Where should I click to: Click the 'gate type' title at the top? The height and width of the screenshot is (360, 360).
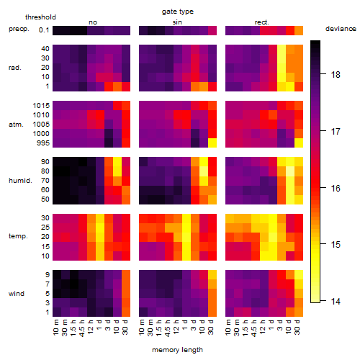tap(178, 12)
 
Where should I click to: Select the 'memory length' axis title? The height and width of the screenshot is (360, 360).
tap(177, 350)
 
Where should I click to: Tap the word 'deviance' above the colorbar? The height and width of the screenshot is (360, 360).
tap(341, 29)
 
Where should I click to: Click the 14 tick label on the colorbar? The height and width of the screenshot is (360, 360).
tap(336, 301)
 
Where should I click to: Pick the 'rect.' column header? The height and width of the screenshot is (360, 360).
tap(261, 22)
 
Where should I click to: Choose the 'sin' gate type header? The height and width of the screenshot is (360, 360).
tap(177, 22)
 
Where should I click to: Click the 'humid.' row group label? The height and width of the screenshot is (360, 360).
tap(20, 181)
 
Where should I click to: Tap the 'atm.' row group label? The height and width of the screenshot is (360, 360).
tap(16, 125)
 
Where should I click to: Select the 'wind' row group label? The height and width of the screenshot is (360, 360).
tap(17, 294)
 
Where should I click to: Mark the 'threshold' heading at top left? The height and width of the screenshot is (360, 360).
tap(40, 17)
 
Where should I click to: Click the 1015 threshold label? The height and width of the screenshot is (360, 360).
tap(41, 105)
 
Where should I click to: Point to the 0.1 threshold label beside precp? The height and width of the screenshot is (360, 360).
tap(44, 30)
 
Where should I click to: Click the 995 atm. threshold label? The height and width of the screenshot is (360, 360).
tap(43, 143)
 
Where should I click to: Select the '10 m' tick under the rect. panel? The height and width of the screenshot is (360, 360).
tap(228, 327)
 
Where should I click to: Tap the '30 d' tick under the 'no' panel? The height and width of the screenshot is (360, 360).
tap(125, 327)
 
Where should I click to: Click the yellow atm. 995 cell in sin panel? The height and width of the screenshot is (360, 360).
tap(212, 143)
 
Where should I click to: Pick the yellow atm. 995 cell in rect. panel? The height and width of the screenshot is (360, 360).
tap(299, 143)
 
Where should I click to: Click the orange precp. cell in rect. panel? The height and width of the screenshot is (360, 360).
tap(299, 31)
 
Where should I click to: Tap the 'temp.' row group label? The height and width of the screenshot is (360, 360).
tap(18, 236)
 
